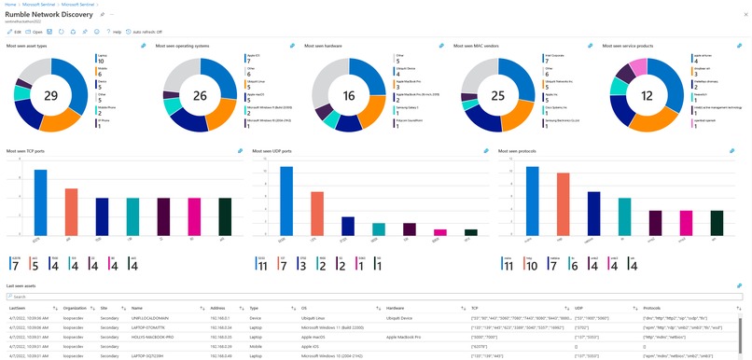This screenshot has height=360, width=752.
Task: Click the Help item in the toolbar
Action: coord(116,31)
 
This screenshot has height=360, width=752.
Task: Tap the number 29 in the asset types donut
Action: coord(51,95)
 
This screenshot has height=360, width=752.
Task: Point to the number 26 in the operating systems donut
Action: coord(200,95)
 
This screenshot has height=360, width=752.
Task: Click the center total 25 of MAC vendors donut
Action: coord(498,95)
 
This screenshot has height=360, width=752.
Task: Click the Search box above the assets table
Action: coord(373,297)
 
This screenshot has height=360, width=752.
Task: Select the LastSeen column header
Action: coord(18,307)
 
